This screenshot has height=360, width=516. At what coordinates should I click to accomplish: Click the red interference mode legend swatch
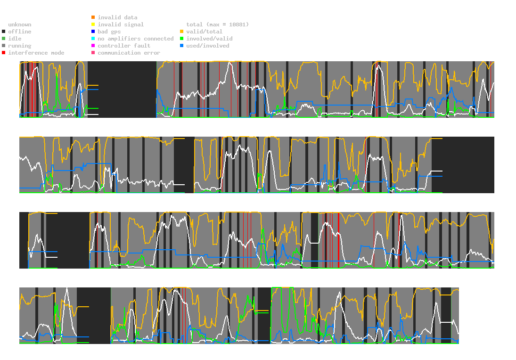3,53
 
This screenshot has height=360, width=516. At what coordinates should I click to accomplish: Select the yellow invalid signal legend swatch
93,25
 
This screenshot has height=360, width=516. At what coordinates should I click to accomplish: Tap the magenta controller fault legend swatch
93,46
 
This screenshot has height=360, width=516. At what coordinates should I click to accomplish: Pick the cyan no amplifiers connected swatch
93,39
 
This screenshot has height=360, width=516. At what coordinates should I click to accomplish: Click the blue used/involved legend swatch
181,46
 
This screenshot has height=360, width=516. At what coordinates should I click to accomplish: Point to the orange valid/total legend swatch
181,32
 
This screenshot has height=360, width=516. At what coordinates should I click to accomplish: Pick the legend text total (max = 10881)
217,25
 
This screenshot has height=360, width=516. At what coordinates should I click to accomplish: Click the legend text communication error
129,53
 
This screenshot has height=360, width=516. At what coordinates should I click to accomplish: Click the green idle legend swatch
3,39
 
